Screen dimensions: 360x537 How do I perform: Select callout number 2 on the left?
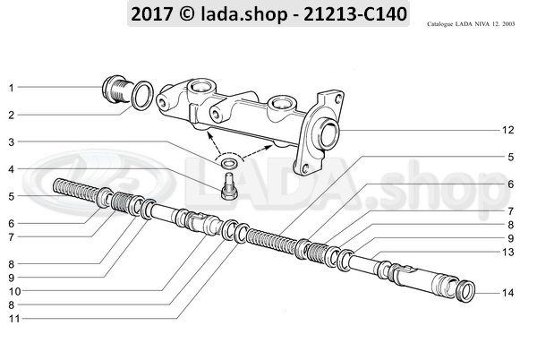coord(10,115)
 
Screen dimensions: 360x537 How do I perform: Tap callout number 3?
coord(10,142)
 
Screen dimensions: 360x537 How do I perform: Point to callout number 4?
coord(10,168)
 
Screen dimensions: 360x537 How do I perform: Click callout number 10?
coord(10,291)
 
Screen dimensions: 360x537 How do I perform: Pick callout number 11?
coord(10,318)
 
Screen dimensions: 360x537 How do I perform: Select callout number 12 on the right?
coord(507,131)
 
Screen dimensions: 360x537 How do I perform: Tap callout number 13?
coord(507,253)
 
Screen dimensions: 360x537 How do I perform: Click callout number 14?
coord(507,292)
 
